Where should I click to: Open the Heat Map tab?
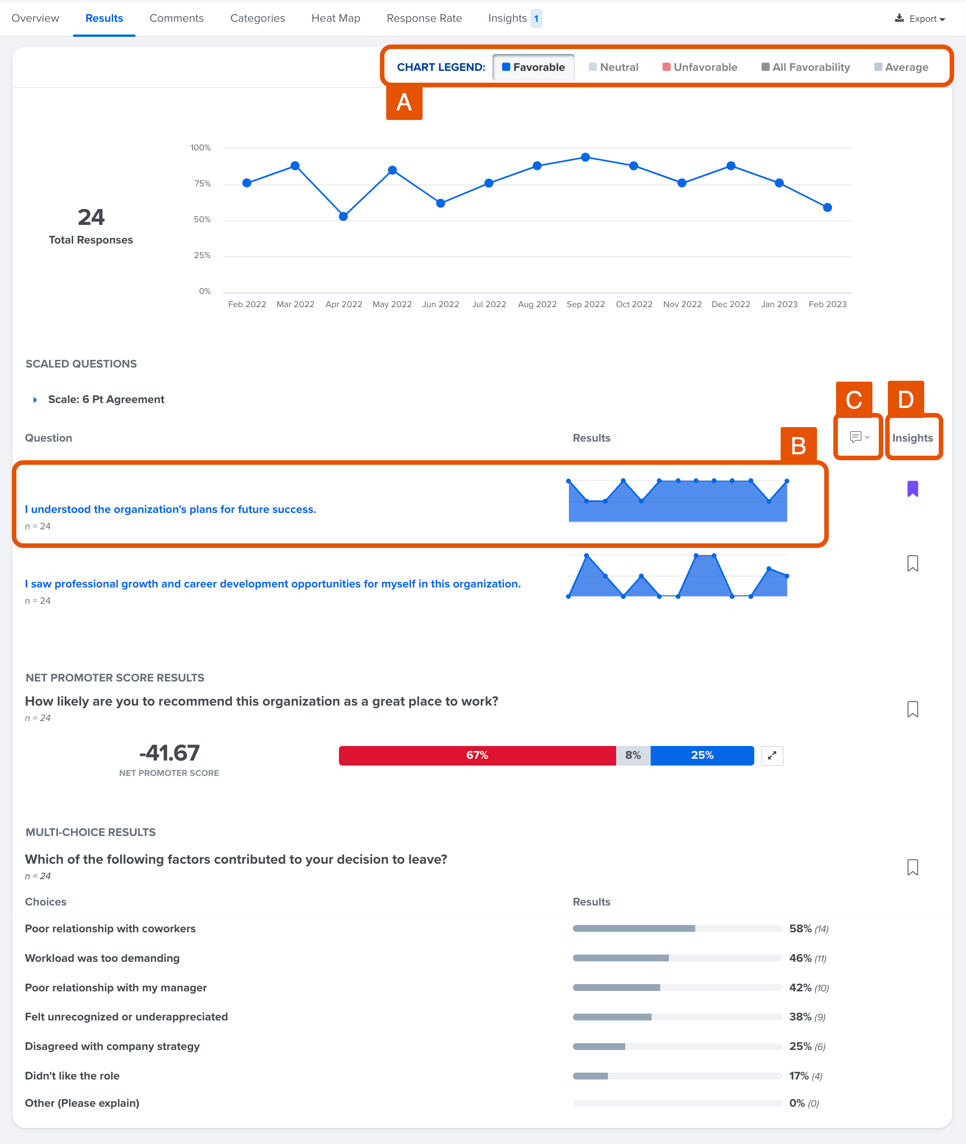336,18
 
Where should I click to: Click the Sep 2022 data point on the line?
585,157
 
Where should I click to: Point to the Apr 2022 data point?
344,216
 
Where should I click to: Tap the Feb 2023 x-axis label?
827,304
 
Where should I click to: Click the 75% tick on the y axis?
202,184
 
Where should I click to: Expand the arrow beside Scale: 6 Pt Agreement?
35,400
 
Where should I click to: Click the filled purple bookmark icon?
912,488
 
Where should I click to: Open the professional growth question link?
273,584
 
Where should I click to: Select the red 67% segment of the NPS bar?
477,755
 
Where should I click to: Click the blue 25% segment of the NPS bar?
702,755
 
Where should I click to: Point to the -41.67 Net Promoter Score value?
169,753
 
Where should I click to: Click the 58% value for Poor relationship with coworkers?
800,928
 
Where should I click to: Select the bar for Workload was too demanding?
677,958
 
